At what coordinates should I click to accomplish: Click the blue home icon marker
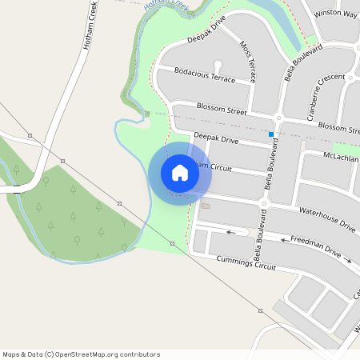coord(180,173)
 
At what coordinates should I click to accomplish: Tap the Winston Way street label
coord(336,14)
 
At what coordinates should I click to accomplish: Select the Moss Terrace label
coord(248,63)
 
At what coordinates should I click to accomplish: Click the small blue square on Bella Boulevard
coord(271,134)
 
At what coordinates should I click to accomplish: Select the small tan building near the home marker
coord(206,206)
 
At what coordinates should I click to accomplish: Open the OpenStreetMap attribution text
coord(81,354)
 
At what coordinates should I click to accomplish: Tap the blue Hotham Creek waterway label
coord(169,7)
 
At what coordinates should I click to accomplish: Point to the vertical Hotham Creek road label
coord(87,29)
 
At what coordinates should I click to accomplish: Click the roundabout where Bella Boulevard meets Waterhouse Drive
coord(262,204)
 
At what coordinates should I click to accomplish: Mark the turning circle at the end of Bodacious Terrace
coord(217,66)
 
